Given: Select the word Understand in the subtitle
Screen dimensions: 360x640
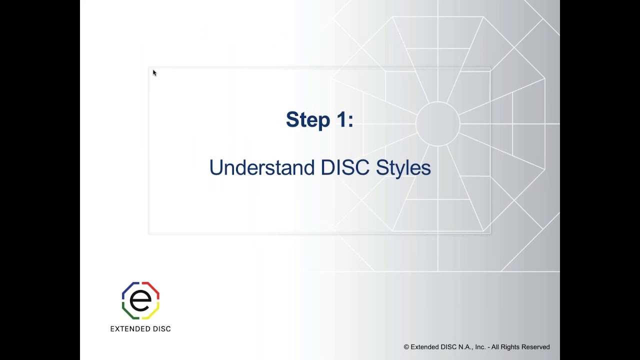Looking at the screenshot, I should tap(261, 167).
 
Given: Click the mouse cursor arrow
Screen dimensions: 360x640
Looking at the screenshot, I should tap(154, 72).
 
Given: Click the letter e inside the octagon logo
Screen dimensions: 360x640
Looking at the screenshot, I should tap(140, 300).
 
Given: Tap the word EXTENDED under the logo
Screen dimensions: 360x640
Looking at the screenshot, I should tap(129, 329).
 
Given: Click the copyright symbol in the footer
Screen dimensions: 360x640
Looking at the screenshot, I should tap(406, 347).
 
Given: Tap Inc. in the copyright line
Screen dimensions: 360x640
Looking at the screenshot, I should tap(480, 347).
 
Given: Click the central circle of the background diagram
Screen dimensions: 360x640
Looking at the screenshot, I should tap(437, 124).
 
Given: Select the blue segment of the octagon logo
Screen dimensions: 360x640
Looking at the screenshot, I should tap(127, 288).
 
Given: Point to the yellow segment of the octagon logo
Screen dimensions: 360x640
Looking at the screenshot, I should tap(153, 313).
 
